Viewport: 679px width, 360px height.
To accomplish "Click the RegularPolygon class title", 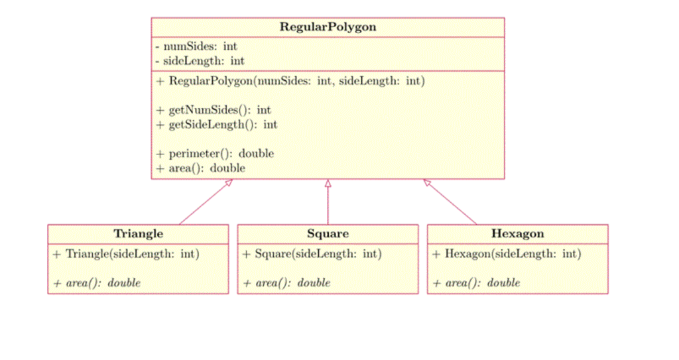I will coord(328,27).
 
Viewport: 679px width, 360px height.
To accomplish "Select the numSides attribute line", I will coord(196,46).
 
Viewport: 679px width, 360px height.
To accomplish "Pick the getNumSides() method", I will coord(214,110).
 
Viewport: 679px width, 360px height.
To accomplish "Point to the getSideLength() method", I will coord(217,125).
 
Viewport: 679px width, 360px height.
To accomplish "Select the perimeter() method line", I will coord(215,154).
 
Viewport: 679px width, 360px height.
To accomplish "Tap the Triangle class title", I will coord(138,233).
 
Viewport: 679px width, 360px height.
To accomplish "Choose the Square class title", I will coord(328,233).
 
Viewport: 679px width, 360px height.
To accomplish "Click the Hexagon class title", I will coord(517,233).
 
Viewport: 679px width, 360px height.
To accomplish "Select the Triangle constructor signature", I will coord(126,254).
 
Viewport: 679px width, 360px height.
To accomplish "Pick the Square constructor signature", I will coord(312,254).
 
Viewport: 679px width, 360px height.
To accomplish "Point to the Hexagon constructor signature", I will coord(506,254).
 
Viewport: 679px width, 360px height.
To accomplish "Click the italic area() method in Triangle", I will coord(97,283).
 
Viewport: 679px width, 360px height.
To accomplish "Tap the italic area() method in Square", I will coord(286,283).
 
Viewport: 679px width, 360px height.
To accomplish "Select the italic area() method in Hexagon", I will coord(476,283).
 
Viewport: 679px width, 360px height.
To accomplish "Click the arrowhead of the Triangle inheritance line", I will coord(229,183).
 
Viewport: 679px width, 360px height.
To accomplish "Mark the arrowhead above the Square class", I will coord(328,183).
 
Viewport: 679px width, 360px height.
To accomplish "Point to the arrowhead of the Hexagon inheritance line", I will coord(427,183).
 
